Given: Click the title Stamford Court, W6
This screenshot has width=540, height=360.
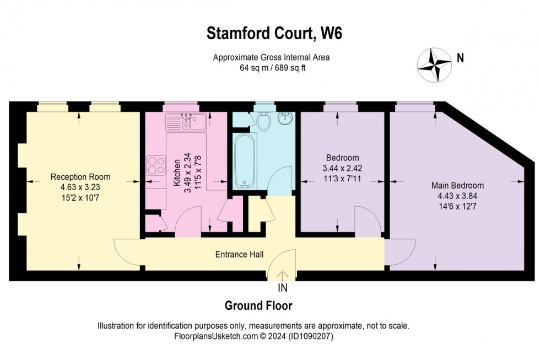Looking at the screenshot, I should (274, 33).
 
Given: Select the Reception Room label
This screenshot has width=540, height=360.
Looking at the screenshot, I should (80, 177).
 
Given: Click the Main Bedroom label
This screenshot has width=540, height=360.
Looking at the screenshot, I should (457, 185).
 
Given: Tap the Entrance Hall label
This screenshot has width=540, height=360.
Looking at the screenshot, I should (239, 254).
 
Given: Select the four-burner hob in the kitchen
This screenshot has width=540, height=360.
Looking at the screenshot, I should (156, 165).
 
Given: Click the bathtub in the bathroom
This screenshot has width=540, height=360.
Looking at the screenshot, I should (243, 160).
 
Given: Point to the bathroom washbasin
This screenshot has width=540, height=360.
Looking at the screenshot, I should (285, 119).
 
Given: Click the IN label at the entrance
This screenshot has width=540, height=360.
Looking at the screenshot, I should (282, 287).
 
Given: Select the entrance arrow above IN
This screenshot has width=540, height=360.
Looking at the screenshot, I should (282, 275).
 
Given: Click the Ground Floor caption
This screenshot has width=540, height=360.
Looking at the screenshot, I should (258, 305).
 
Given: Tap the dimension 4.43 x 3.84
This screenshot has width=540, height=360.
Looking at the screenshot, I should (457, 196).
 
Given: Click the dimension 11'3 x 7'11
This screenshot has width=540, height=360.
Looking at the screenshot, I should (342, 178).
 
